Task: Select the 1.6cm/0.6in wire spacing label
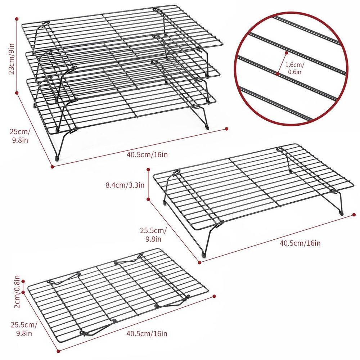(294, 68)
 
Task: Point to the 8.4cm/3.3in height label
(125, 185)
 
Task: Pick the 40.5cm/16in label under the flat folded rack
(147, 333)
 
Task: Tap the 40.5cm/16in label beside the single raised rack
(300, 243)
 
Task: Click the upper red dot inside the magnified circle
(286, 53)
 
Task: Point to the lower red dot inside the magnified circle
(277, 74)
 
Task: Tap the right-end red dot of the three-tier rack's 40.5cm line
(226, 129)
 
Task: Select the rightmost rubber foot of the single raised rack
(342, 213)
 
